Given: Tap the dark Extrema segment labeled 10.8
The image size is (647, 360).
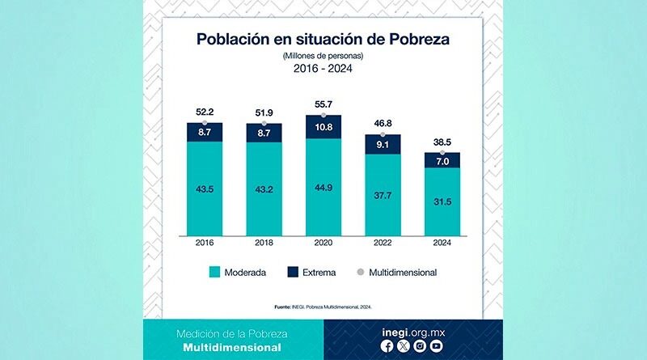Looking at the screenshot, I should point(323,128).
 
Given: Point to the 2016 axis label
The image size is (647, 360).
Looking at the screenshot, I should point(205,242).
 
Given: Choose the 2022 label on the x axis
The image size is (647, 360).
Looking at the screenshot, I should point(383,242).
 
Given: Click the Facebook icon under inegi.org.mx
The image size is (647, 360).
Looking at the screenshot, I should point(387,346).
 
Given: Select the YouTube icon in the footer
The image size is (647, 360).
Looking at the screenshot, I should point(437,346).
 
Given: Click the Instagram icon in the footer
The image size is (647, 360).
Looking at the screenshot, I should point(420,346).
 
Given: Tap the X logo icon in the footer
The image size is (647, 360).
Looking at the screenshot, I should point(403,346).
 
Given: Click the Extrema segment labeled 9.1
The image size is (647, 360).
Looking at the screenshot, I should point(383,145).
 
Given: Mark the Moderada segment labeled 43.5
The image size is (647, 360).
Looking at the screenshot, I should point(205,188).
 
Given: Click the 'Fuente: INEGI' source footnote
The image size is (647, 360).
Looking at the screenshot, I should point(323,307).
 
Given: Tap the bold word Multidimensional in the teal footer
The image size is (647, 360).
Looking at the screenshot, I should point(233,348).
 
